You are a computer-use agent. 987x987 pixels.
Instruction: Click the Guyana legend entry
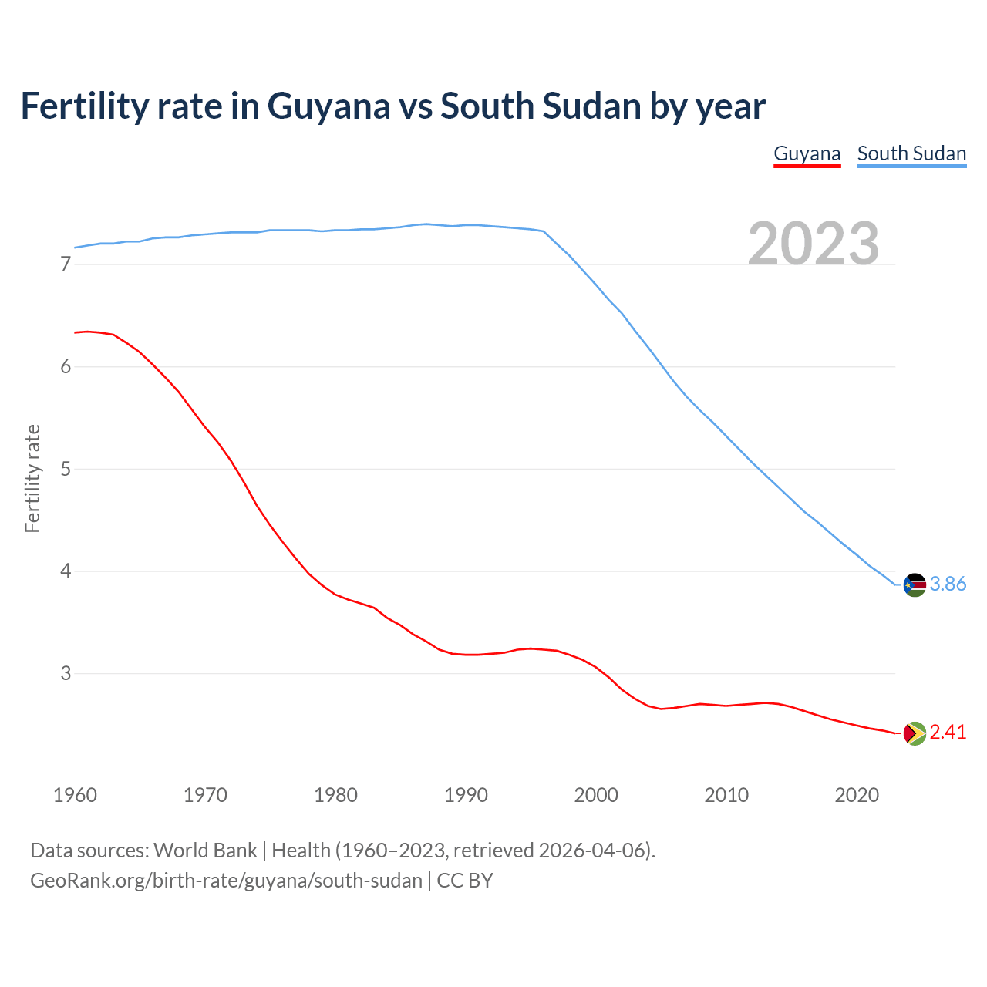point(807,153)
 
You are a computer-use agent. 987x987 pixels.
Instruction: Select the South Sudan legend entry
point(911,153)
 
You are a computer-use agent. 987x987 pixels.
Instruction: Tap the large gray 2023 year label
point(814,244)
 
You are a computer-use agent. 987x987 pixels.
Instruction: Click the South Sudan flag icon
point(915,584)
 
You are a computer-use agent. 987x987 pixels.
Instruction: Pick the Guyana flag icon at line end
point(915,733)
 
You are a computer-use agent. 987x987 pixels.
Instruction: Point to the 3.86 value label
point(948,584)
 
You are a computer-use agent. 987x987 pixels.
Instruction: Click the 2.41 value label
point(948,733)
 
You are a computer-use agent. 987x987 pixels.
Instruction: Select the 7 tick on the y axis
point(66,264)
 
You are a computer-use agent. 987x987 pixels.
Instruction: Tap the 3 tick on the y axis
point(66,674)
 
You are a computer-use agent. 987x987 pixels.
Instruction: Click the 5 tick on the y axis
point(66,469)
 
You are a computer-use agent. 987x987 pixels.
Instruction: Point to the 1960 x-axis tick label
point(75,795)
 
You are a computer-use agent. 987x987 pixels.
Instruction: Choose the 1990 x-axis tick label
point(466,795)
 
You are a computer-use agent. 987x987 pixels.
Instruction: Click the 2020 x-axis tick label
point(857,795)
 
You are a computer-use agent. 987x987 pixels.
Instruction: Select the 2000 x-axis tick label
point(596,795)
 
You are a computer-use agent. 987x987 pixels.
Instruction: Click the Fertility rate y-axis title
point(32,478)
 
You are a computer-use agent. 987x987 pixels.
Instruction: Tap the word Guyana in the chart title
point(328,106)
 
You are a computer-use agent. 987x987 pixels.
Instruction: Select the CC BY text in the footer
point(465,881)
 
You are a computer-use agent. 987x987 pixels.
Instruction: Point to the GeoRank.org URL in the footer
point(226,881)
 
